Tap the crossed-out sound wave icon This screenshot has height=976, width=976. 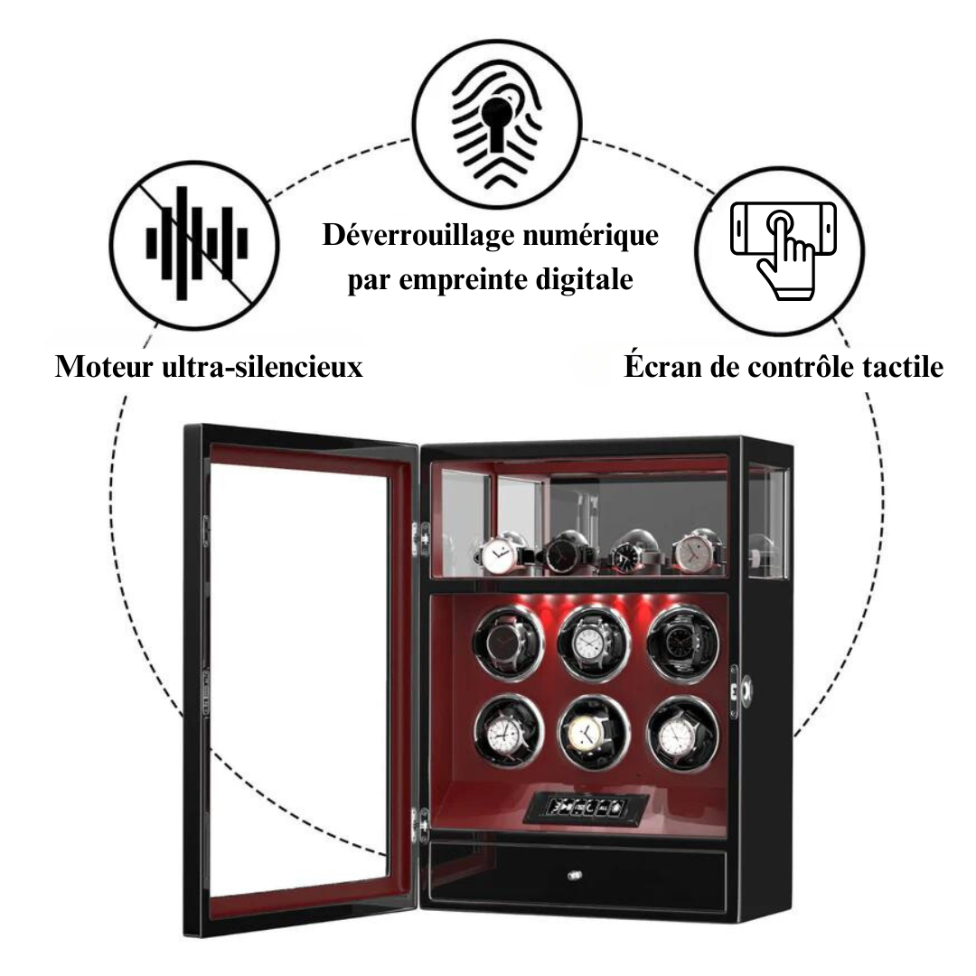click(x=197, y=243)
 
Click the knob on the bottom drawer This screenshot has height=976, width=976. click(x=572, y=875)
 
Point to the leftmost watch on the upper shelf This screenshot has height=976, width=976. click(x=498, y=555)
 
